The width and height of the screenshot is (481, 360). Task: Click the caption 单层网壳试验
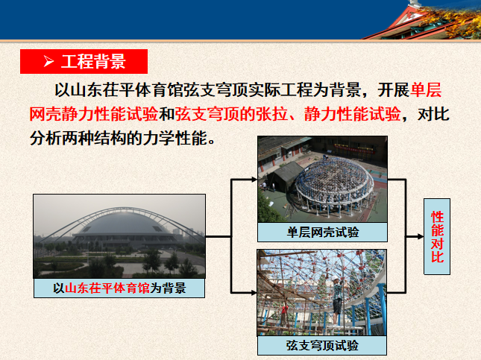pyautogui.click(x=323, y=233)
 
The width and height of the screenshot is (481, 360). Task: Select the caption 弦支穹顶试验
pyautogui.click(x=322, y=345)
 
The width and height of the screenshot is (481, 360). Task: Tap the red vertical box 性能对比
pyautogui.click(x=437, y=236)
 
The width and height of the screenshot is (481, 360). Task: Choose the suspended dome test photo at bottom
pyautogui.click(x=322, y=293)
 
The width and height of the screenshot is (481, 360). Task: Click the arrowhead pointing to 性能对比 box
pyautogui.click(x=418, y=236)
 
